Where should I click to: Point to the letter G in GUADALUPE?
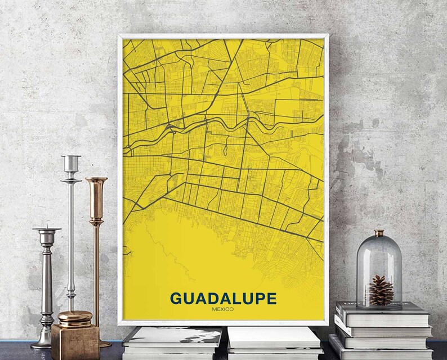(x=177, y=298)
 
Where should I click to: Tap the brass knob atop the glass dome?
(x=379, y=232)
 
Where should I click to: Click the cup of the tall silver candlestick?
(x=71, y=164)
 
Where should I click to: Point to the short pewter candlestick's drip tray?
(x=47, y=230)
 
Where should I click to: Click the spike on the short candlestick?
(x=47, y=222)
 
